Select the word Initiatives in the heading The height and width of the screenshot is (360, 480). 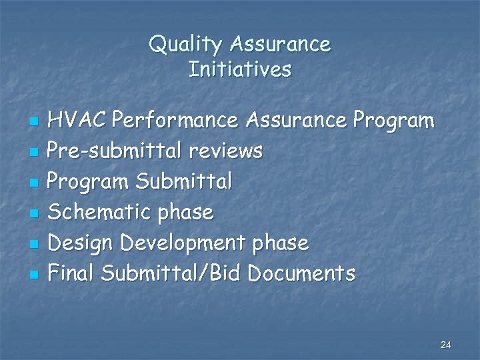coord(240,69)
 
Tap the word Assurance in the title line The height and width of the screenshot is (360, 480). coord(280,45)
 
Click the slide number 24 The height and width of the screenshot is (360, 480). coord(446,345)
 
